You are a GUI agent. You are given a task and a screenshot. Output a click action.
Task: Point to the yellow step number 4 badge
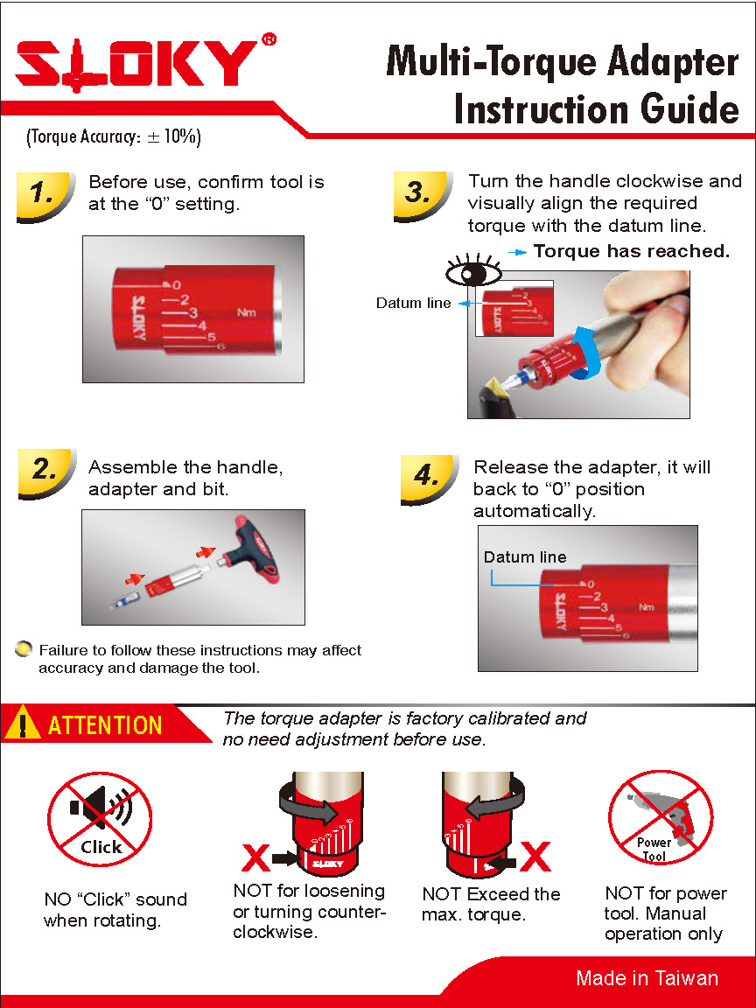click(428, 477)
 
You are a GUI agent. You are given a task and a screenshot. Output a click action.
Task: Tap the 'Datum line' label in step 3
click(413, 304)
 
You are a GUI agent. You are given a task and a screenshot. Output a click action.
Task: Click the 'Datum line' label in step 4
click(525, 557)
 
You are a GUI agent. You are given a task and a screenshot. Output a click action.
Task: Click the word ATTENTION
click(105, 725)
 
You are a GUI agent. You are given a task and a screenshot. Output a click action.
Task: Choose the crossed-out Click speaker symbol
click(100, 820)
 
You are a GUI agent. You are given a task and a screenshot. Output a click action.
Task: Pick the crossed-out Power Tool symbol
click(661, 821)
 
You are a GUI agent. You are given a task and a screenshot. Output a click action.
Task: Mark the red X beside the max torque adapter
click(535, 857)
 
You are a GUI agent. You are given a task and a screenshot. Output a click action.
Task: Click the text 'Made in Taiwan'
click(647, 978)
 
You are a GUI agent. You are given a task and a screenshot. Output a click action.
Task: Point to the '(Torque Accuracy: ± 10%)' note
click(114, 136)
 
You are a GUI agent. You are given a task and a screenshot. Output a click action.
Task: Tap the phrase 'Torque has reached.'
click(631, 252)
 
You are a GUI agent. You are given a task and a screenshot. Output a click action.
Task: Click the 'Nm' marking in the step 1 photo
click(247, 312)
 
